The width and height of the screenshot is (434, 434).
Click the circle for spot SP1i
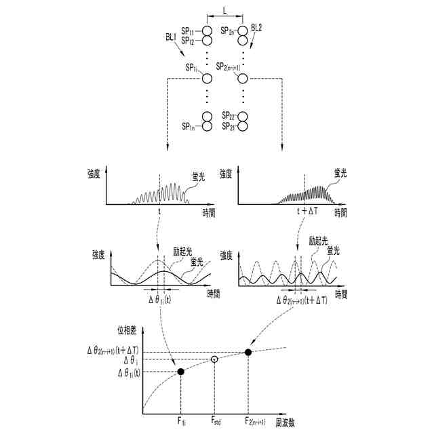click(208, 79)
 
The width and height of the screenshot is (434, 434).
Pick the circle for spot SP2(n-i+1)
click(241, 79)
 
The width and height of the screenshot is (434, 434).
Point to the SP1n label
click(189, 127)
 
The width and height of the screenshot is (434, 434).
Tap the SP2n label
click(227, 32)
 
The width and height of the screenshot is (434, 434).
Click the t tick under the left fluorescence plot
click(160, 212)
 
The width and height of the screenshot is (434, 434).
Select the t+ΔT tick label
click(307, 212)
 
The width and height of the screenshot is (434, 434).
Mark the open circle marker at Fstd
click(214, 359)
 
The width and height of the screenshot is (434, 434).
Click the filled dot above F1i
click(181, 371)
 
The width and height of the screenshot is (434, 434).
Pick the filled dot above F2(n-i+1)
click(248, 351)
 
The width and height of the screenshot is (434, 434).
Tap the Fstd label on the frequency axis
click(214, 422)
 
